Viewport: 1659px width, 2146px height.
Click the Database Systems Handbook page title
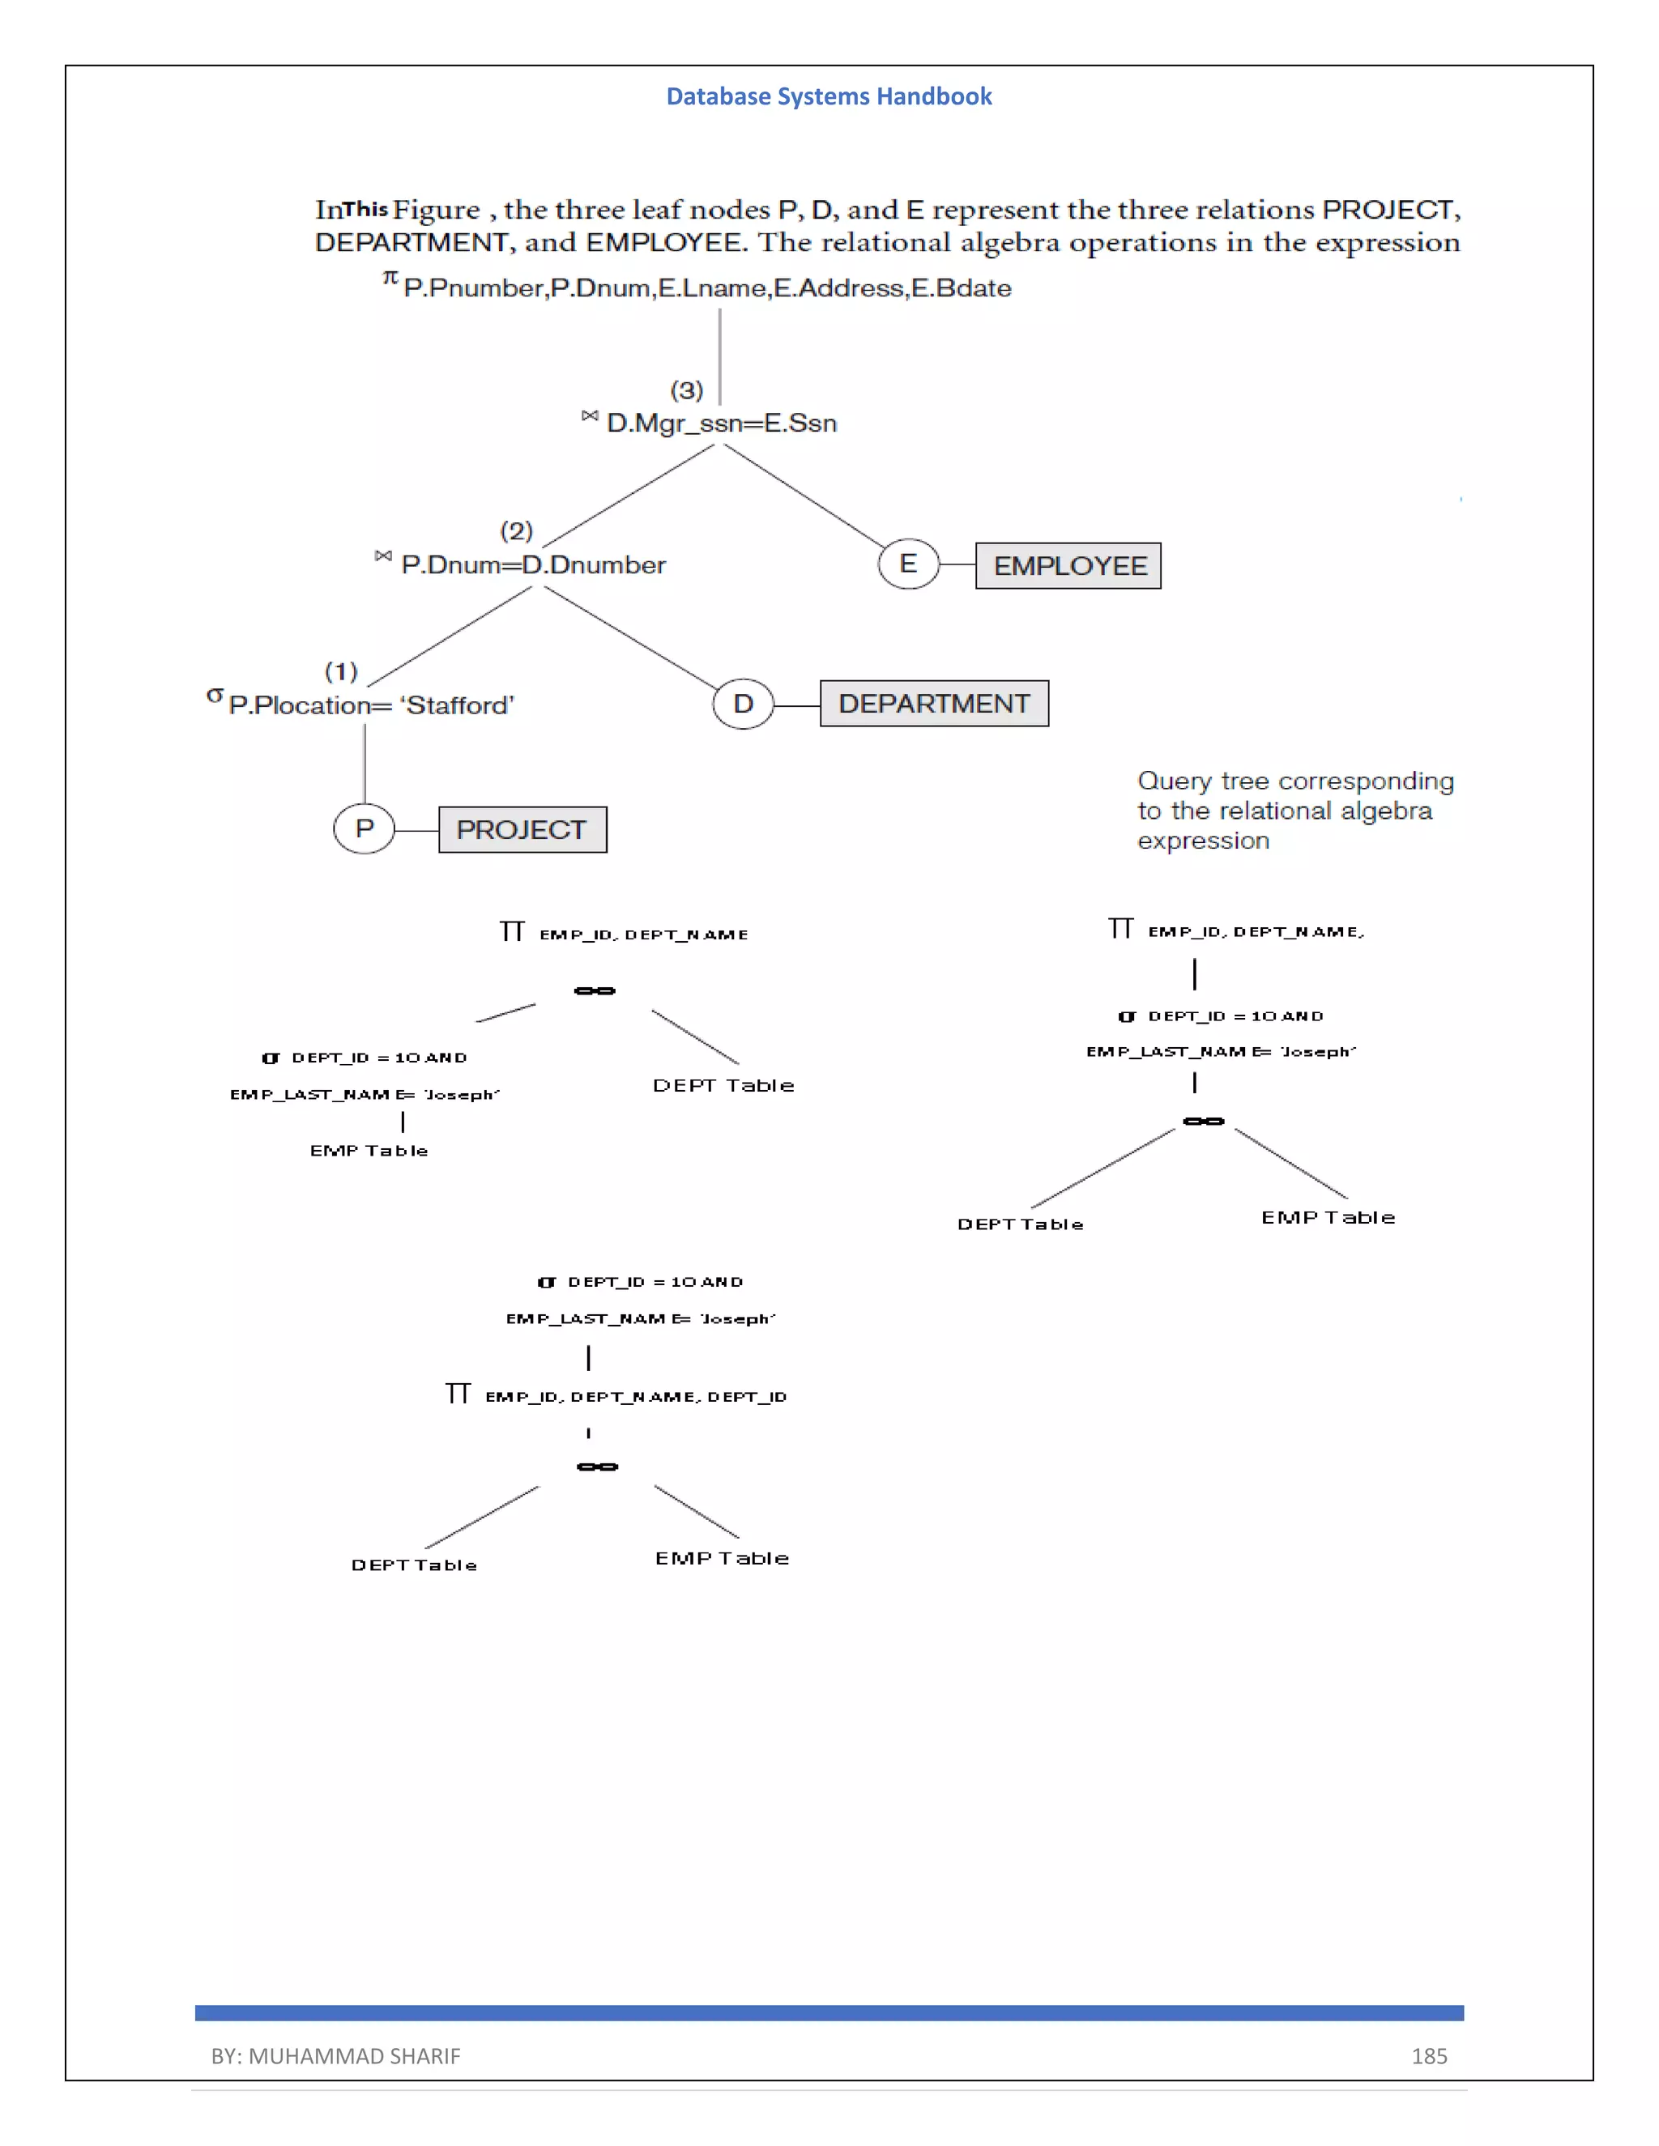pos(829,96)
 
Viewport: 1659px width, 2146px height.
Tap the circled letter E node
pos(908,564)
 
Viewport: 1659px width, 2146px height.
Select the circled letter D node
pos(743,704)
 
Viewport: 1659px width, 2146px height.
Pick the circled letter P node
pos(365,828)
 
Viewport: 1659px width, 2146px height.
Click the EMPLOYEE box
pos(1068,566)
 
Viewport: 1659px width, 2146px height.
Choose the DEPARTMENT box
pos(934,704)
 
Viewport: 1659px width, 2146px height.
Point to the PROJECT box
pos(522,829)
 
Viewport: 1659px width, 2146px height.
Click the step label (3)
pos(687,390)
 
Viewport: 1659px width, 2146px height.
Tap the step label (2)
pos(516,530)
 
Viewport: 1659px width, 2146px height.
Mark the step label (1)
pos(341,671)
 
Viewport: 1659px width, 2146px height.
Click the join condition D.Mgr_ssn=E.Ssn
pos(722,424)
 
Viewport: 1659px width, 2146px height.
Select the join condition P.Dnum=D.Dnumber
pos(533,565)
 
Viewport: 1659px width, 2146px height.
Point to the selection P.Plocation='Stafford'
pos(370,705)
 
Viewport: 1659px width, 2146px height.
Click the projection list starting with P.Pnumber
pos(706,288)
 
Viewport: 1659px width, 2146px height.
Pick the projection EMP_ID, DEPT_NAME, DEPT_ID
pos(635,1396)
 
